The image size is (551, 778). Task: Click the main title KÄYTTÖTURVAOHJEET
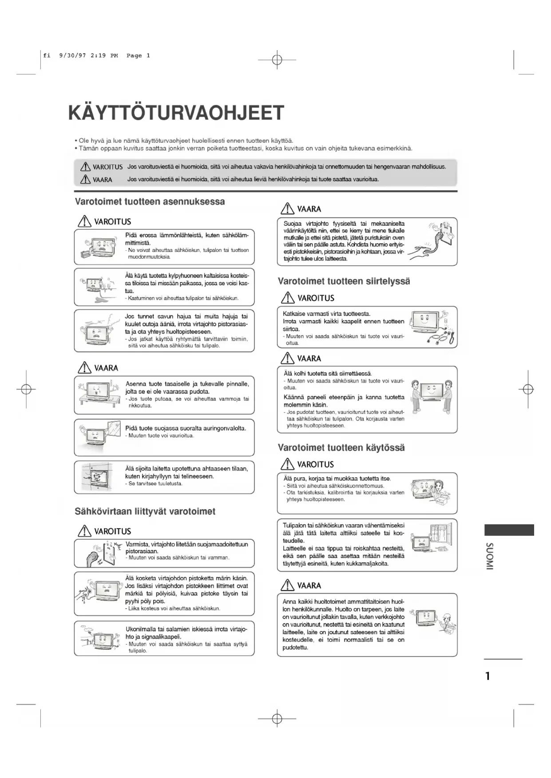(x=176, y=113)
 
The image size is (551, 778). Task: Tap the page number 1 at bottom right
(x=488, y=676)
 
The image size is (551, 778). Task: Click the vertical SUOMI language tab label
(x=489, y=556)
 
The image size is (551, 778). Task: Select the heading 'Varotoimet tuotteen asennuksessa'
(x=150, y=202)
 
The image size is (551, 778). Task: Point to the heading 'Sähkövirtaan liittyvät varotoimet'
(x=145, y=511)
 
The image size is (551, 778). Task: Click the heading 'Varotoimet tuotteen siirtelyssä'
(x=344, y=281)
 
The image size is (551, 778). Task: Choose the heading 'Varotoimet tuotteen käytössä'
(x=341, y=448)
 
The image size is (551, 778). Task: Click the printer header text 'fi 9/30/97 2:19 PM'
(x=80, y=56)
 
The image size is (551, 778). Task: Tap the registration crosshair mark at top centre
(x=277, y=59)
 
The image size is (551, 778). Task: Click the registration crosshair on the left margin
(x=26, y=389)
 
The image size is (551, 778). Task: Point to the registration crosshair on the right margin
(x=528, y=389)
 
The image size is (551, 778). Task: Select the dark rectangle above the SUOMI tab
(x=509, y=530)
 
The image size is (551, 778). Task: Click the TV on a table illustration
(x=98, y=392)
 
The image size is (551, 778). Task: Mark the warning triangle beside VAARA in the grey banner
(x=85, y=179)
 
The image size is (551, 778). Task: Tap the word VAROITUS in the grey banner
(x=107, y=167)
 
